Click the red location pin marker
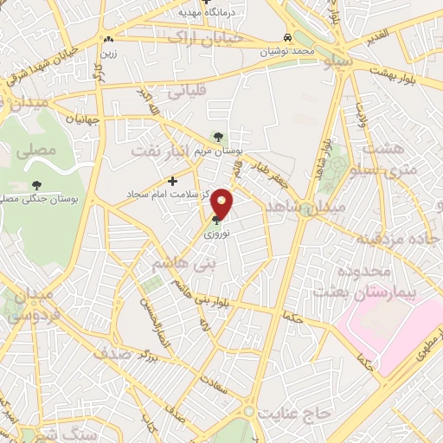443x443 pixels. [x=222, y=204]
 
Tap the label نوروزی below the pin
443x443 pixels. [x=216, y=234]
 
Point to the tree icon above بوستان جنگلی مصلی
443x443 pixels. [x=35, y=184]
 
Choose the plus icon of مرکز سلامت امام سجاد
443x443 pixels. [x=173, y=181]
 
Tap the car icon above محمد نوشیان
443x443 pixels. [x=286, y=38]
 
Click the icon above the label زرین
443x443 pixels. [x=108, y=40]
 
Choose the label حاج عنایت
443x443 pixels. [x=299, y=414]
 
